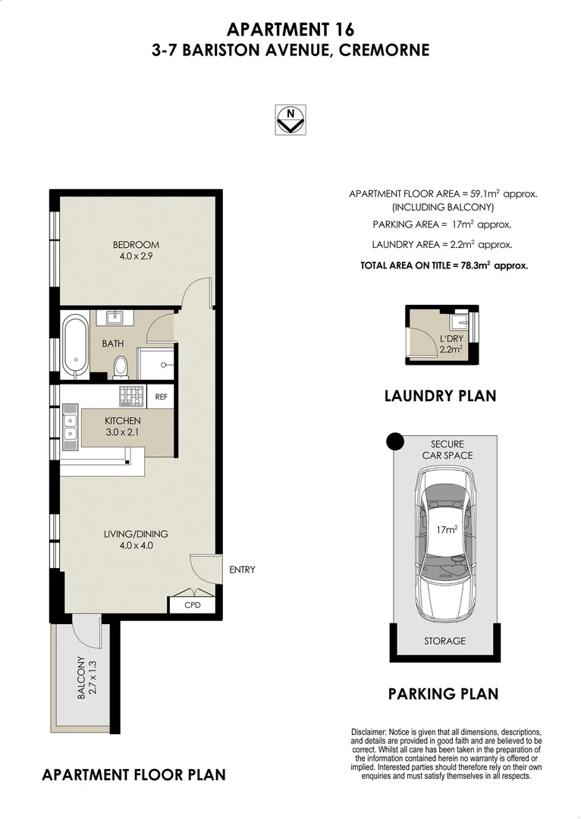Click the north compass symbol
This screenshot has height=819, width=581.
[x=290, y=119]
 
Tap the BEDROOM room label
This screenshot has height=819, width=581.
[x=136, y=244]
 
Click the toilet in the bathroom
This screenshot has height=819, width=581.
[x=120, y=367]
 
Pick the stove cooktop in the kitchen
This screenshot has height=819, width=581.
[x=132, y=395]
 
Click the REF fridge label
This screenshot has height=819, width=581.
[x=161, y=396]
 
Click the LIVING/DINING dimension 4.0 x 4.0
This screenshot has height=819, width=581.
[x=136, y=545]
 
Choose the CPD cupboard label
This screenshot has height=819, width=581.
[x=193, y=605]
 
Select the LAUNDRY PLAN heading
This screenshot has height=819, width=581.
[x=440, y=395]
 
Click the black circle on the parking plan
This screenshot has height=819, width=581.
[x=394, y=441]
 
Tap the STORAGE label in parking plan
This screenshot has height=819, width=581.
[x=444, y=641]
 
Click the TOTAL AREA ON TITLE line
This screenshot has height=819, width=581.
[x=444, y=265]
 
